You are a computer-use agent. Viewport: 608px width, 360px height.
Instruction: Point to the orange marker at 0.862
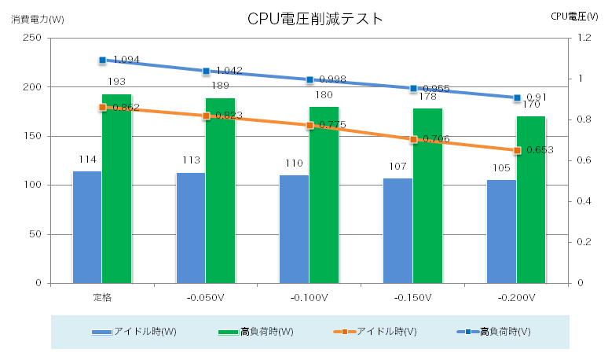pos(102,107)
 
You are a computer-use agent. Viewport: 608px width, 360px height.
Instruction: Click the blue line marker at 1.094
pos(102,60)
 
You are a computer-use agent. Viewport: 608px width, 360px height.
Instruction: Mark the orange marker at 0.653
pos(517,150)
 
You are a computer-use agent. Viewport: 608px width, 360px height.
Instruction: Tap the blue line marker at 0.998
pos(309,79)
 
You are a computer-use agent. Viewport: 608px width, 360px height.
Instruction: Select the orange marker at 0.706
pos(413,139)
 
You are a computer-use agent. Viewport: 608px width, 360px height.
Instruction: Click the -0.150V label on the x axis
pos(413,298)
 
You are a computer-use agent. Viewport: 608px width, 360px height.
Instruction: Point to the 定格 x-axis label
pos(102,298)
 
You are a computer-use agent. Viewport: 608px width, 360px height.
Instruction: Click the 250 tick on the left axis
pos(32,38)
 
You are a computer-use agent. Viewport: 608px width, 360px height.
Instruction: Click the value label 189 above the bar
pos(220,86)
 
